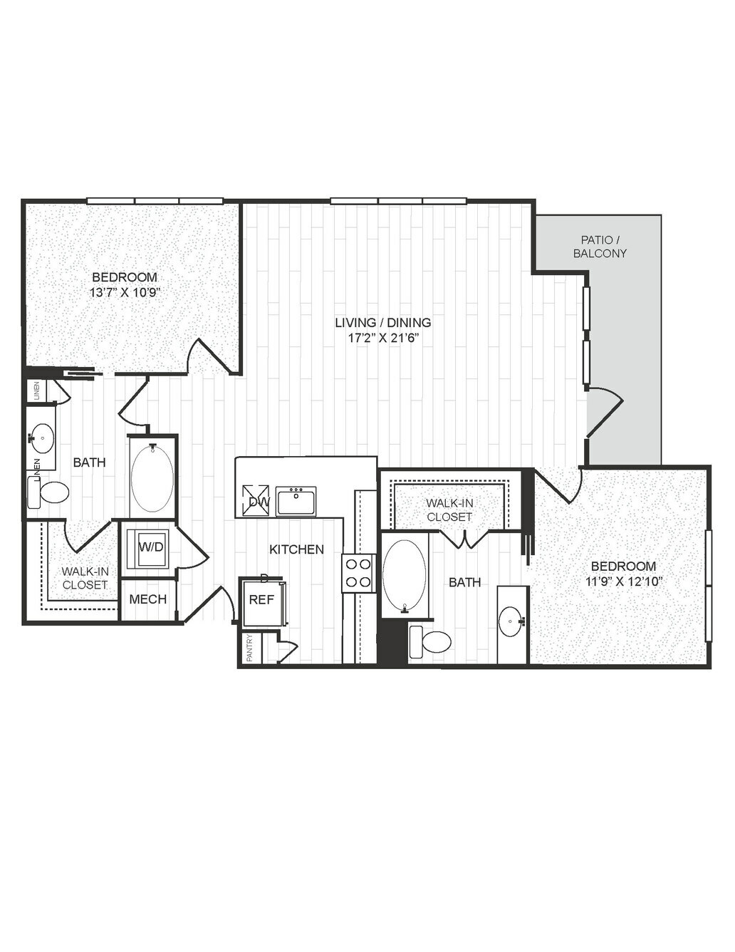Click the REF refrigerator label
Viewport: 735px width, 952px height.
[261, 599]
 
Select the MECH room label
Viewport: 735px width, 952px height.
[148, 599]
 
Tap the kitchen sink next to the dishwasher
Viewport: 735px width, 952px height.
[296, 500]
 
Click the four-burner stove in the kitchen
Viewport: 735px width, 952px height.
[358, 573]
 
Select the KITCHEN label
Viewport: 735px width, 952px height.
[296, 549]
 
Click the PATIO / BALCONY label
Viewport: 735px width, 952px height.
[600, 247]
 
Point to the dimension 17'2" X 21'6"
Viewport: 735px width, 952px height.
[383, 338]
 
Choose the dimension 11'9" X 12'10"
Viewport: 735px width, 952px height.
[623, 581]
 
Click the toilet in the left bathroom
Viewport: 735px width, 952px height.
[48, 492]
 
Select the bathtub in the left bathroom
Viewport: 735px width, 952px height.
[152, 477]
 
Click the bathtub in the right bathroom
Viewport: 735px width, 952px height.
[403, 573]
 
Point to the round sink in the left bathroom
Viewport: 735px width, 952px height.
[43, 438]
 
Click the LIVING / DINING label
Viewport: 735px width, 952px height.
[383, 323]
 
